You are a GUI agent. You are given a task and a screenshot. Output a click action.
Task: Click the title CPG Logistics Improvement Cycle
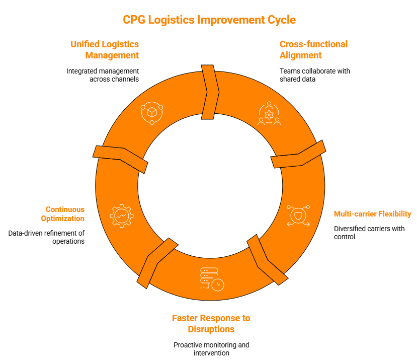[209, 20]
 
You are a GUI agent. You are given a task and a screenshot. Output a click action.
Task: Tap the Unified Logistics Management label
[105, 50]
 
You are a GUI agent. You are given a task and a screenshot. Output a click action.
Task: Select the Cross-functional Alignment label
[313, 50]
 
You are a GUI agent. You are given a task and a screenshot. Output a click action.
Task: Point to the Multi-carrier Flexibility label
[372, 214]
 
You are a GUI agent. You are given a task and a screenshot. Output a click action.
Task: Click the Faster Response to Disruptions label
[211, 324]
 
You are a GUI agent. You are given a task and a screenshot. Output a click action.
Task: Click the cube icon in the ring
[151, 113]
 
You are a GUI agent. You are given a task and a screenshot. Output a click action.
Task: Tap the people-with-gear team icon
[269, 113]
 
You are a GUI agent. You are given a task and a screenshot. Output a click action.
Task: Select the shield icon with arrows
[298, 215]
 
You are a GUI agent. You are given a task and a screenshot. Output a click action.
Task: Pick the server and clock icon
[212, 278]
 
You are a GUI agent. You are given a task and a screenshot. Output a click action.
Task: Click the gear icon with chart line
[122, 215]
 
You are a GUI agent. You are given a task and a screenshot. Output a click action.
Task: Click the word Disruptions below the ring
[211, 329]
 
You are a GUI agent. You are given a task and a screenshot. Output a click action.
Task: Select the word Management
[112, 55]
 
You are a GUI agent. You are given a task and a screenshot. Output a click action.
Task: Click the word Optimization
[63, 219]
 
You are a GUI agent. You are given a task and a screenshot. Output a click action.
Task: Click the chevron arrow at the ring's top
[210, 92]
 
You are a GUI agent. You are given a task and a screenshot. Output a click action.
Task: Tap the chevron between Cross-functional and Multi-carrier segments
[299, 155]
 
